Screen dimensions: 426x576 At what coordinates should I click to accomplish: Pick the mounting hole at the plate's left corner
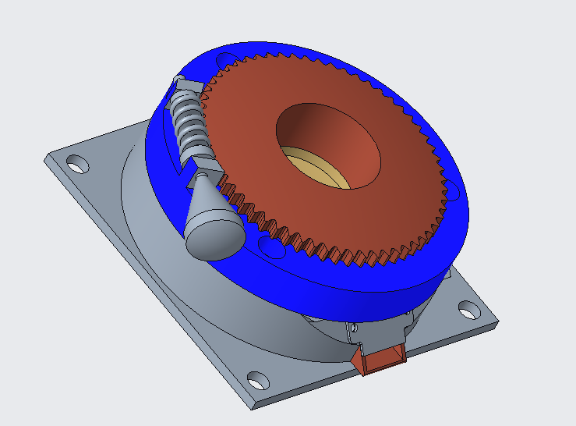[x=76, y=165]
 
